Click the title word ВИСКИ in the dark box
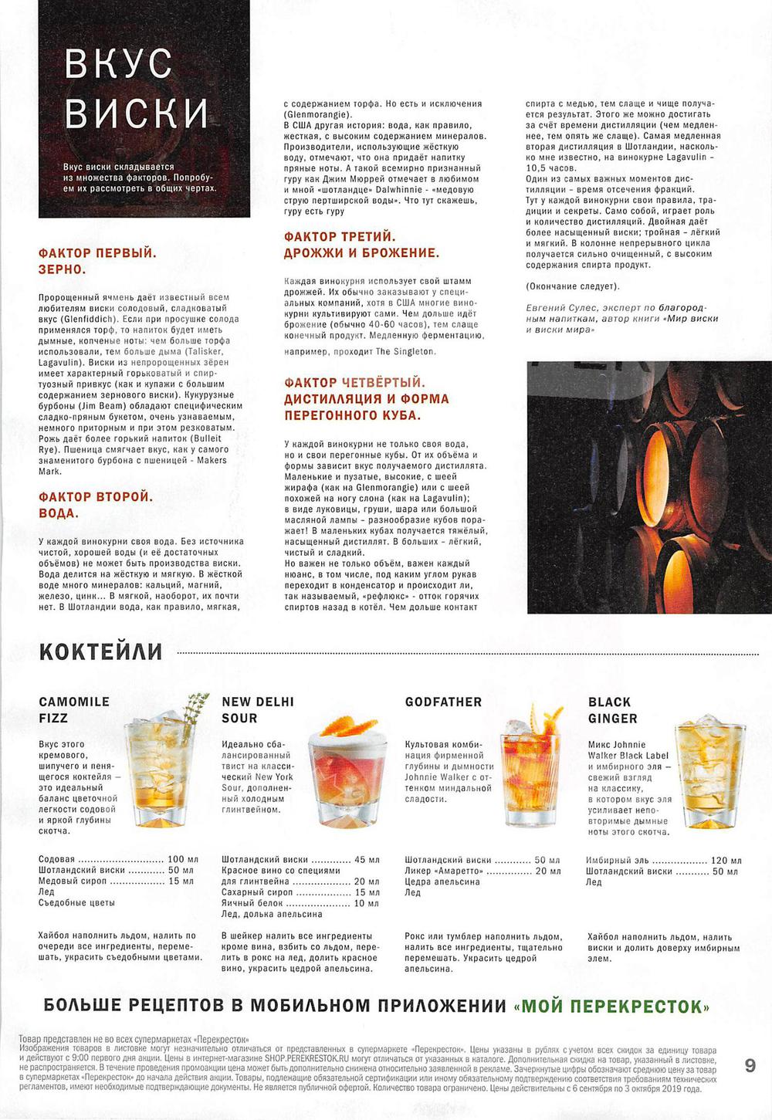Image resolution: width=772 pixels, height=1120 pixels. [137, 113]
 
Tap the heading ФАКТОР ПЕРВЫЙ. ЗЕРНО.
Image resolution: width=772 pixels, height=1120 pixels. [97, 261]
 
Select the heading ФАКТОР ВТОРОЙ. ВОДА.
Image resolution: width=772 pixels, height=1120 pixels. [96, 505]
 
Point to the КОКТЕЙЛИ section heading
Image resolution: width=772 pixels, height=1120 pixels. [100, 652]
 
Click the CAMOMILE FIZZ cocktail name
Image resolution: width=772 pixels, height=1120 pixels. [74, 709]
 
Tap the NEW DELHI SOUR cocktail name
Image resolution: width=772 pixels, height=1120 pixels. [258, 709]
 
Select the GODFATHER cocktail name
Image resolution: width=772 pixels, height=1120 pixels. [443, 702]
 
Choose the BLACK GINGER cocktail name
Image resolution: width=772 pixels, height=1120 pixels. [612, 710]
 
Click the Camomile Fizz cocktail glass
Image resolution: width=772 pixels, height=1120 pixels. [157, 772]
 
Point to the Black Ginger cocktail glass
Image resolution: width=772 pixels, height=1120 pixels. [709, 772]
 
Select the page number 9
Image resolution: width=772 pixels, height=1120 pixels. [750, 1066]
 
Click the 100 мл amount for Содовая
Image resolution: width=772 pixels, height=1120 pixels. [183, 859]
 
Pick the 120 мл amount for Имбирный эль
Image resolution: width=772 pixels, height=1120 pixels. [726, 861]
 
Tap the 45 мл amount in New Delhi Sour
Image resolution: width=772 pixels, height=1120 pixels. [367, 859]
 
